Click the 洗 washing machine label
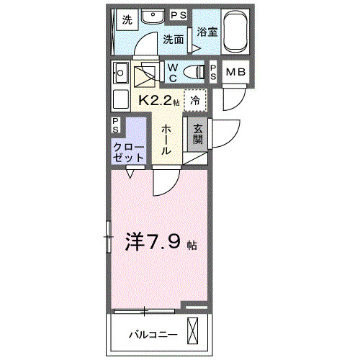[x=127, y=19]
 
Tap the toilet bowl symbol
[x=194, y=71]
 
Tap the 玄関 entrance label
[x=197, y=135]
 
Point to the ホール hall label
[x=166, y=140]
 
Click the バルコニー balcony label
[x=153, y=335]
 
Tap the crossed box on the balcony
[x=194, y=333]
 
